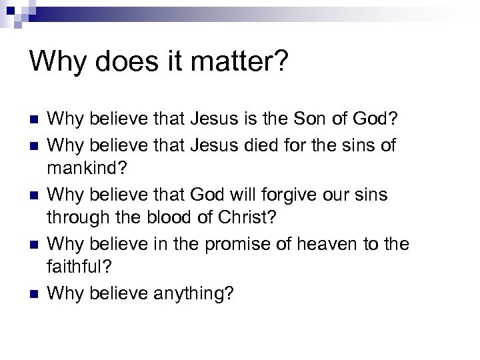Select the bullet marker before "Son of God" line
tap(33, 121)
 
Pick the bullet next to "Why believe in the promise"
tap(33, 245)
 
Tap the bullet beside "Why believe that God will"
tap(33, 195)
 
